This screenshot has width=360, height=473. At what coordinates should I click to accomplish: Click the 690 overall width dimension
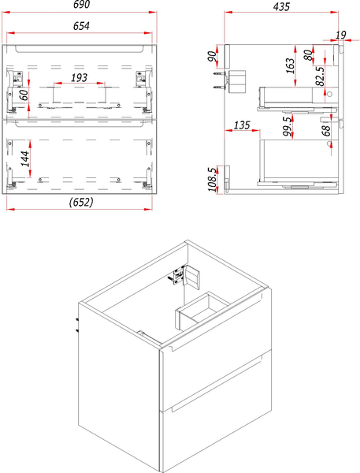tap(82, 6)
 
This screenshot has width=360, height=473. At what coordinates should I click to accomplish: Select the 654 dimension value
tap(82, 27)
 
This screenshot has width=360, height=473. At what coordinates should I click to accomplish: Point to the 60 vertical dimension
tap(24, 95)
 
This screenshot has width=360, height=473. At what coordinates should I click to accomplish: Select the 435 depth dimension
tap(281, 7)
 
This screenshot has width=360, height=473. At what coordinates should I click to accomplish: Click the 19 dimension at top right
tap(340, 35)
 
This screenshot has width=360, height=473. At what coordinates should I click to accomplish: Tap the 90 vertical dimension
tap(212, 58)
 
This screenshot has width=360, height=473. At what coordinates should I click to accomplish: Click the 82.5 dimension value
tap(321, 76)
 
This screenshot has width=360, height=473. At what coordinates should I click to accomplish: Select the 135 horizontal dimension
tap(242, 125)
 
